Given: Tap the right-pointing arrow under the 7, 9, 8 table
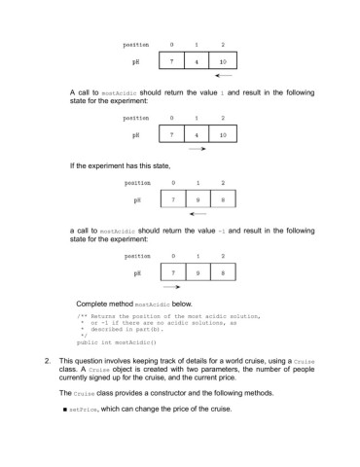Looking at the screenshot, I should (x=173, y=287).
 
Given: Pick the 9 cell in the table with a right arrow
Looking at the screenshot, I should (x=198, y=272).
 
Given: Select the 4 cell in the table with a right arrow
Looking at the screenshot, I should (x=198, y=133).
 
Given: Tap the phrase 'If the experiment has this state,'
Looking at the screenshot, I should (x=107, y=165).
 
